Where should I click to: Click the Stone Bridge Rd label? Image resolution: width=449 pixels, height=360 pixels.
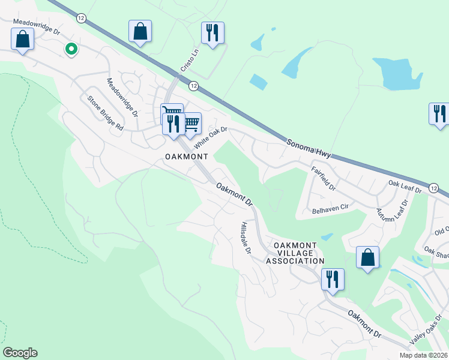click(105, 114)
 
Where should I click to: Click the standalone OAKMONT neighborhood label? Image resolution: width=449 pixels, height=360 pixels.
click(186, 157)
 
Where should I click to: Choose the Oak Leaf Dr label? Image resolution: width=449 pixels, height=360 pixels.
click(405, 185)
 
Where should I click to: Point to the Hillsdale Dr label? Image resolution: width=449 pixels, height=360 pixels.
click(245, 237)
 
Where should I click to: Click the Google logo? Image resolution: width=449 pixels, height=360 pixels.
click(20, 353)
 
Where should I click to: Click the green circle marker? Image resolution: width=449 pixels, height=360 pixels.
click(71, 49)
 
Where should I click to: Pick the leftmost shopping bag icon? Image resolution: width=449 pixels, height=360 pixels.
click(22, 39)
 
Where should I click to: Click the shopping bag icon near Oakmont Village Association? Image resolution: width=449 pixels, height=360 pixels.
click(367, 257)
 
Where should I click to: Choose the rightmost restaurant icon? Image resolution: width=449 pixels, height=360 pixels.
click(439, 113)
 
